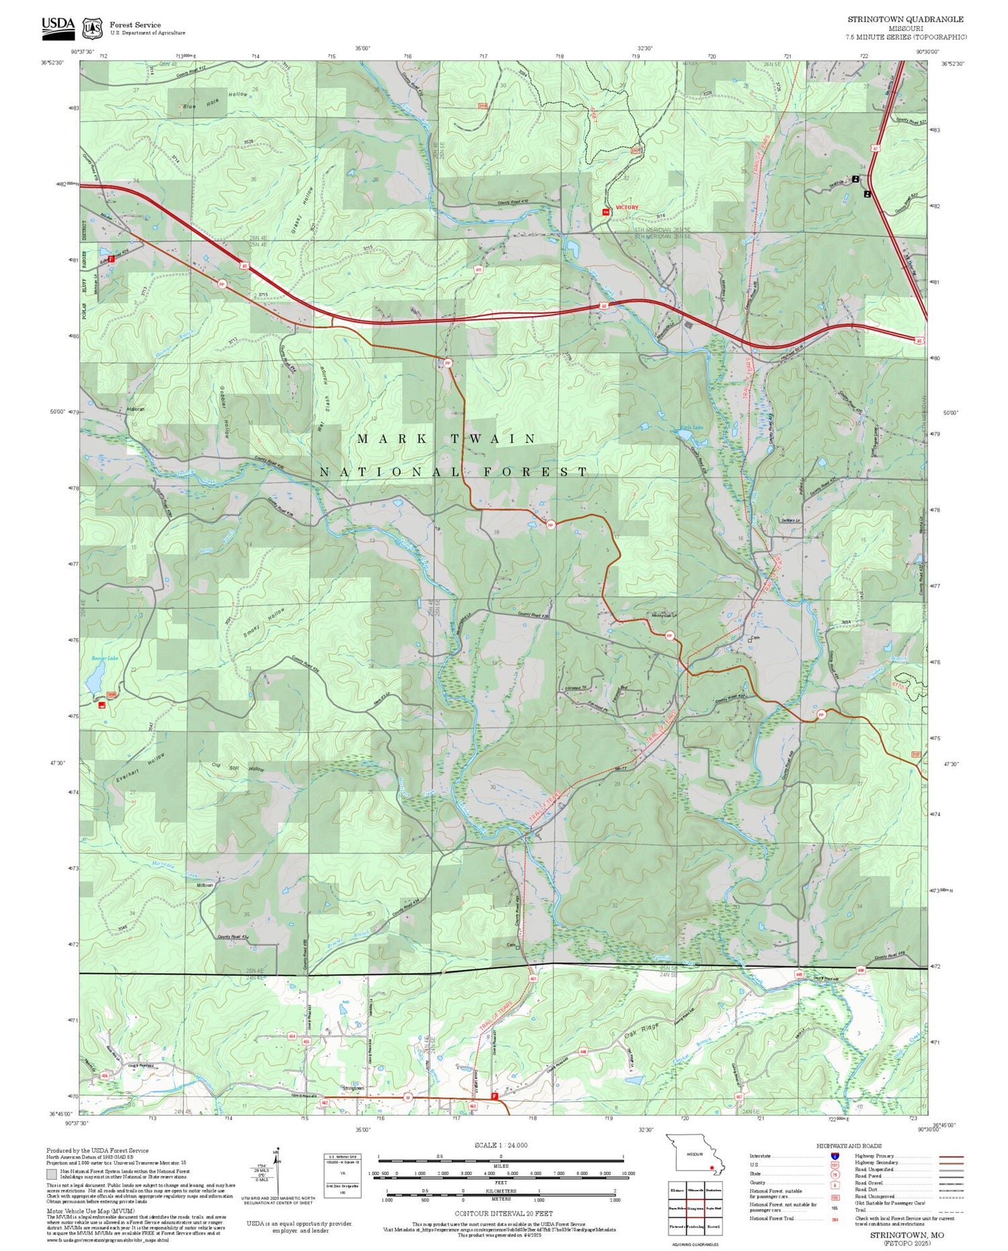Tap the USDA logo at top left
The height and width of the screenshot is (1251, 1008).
[58, 25]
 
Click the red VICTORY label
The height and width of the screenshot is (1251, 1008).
[627, 208]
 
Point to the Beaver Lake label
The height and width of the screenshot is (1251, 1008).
[105, 658]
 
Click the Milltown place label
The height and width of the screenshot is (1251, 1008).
[204, 886]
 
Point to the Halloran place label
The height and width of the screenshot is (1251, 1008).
[135, 408]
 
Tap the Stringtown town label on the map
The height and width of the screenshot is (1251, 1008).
[353, 1087]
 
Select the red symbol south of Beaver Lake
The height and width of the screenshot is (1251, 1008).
[102, 705]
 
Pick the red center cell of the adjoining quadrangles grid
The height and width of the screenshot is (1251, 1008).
[696, 1207]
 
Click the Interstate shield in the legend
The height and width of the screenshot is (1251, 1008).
[835, 1156]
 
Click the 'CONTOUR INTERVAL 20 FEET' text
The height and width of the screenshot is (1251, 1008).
[503, 1213]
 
